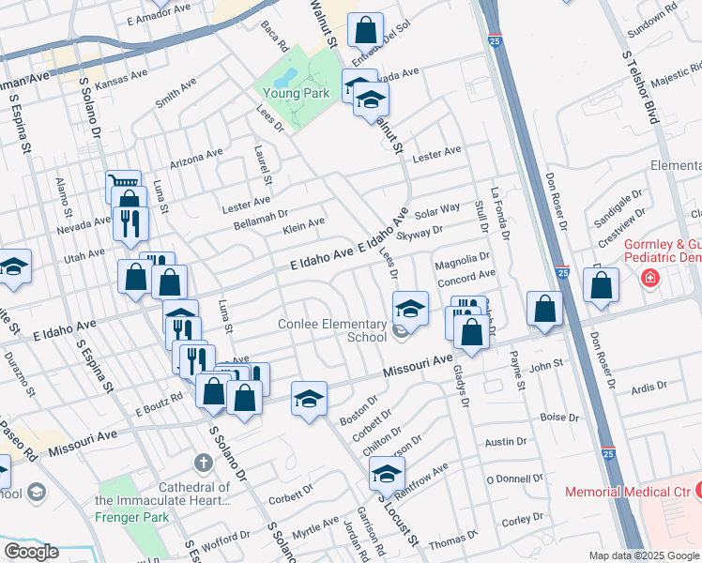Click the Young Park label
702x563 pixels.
pyautogui.click(x=295, y=93)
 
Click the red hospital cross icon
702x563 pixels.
pyautogui.click(x=649, y=279)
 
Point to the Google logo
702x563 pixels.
pyautogui.click(x=30, y=552)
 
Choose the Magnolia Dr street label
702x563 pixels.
pyautogui.click(x=463, y=257)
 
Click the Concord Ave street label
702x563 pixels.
pyautogui.click(x=466, y=275)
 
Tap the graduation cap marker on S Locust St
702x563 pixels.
pyautogui.click(x=386, y=472)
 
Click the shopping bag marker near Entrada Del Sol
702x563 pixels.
pyautogui.click(x=365, y=30)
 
